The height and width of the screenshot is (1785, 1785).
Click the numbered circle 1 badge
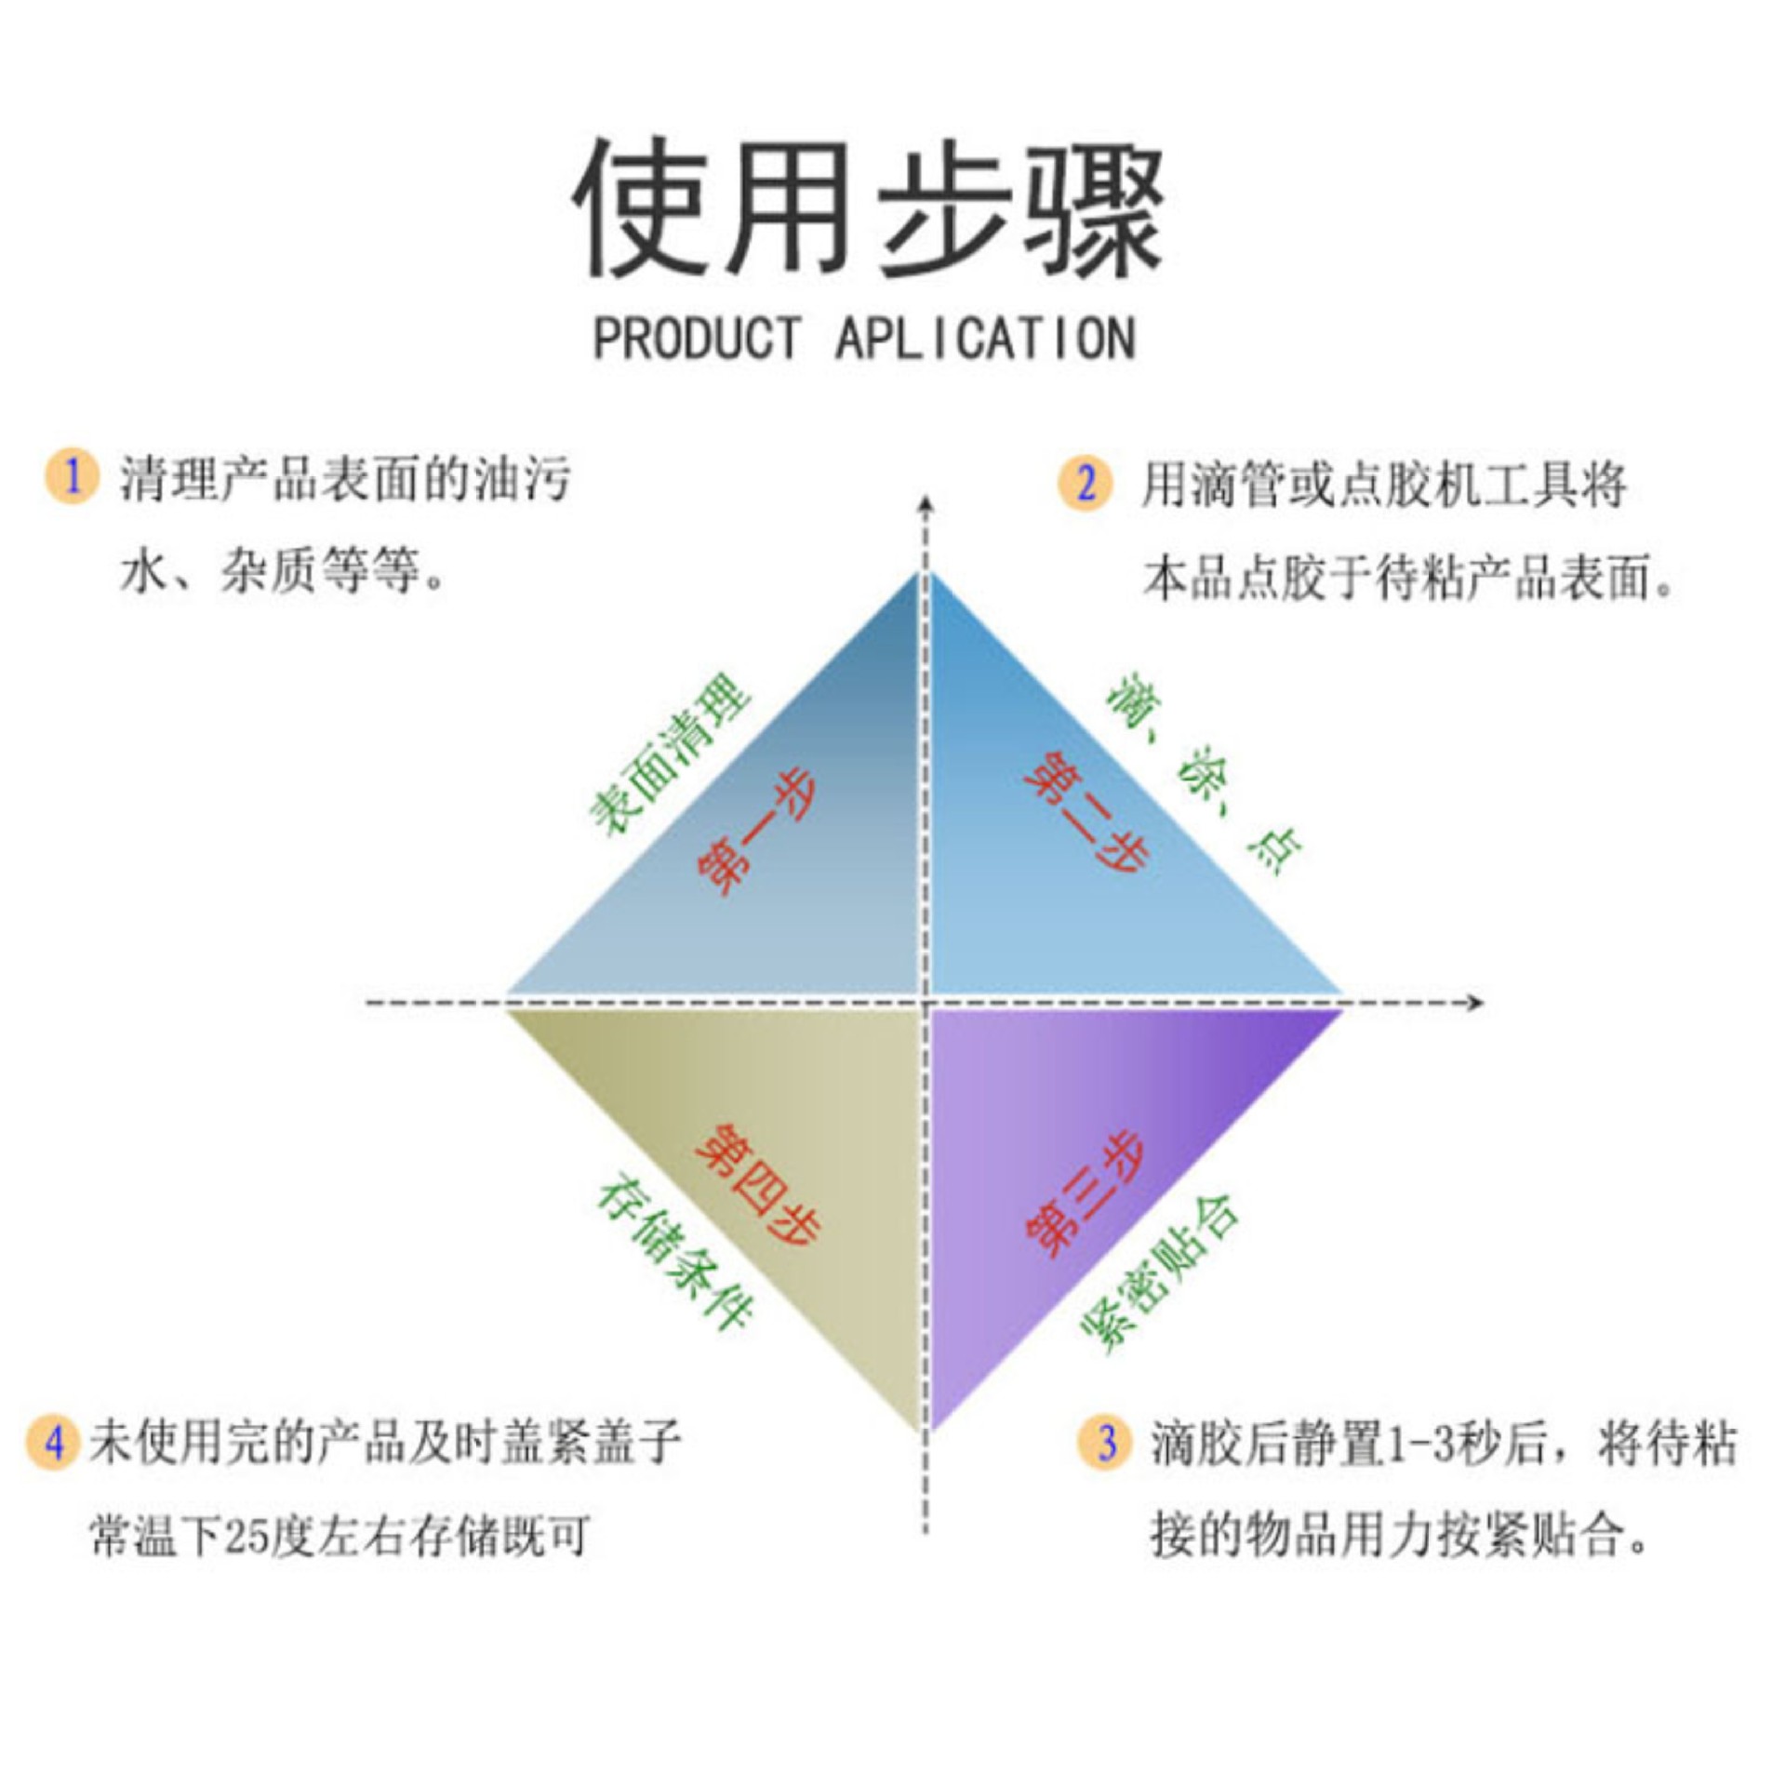[72, 476]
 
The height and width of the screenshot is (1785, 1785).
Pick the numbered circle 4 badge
[54, 1443]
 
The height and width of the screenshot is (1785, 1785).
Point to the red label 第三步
[1085, 1193]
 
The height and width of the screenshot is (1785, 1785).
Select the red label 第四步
[758, 1182]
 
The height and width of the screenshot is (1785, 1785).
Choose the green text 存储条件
[675, 1255]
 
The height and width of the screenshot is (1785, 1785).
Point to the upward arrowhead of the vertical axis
[926, 505]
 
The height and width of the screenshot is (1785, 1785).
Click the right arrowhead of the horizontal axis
[1473, 1002]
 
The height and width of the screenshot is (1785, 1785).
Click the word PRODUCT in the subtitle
[697, 338]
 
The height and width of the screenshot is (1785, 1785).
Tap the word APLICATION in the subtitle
[985, 338]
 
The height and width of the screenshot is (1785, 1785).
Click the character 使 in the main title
[640, 208]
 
